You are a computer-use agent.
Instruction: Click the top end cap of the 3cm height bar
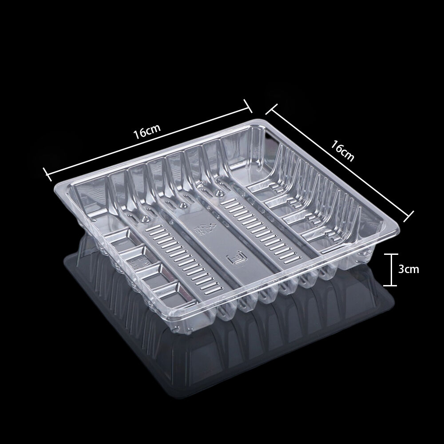391,254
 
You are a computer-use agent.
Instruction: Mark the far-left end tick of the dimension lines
46,174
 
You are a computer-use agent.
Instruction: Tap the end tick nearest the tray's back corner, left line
248,106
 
